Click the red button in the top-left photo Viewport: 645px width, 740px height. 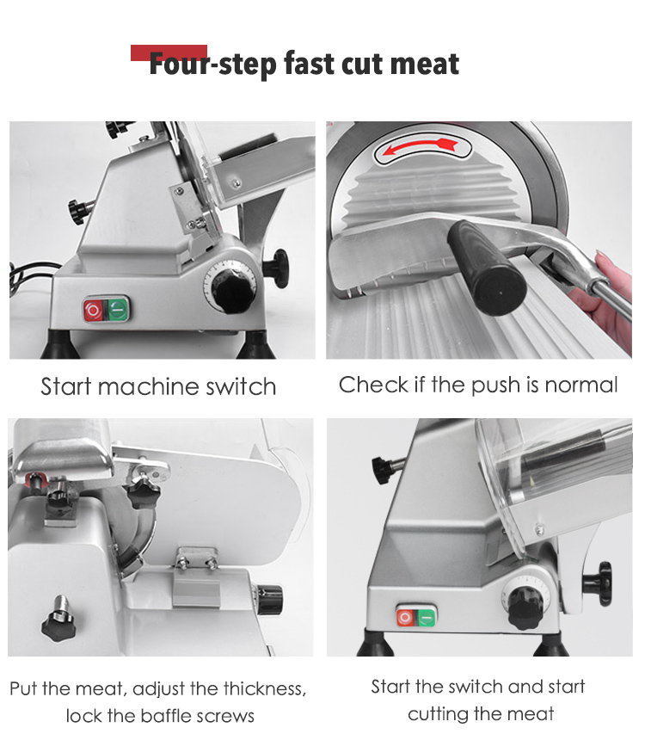tap(93, 310)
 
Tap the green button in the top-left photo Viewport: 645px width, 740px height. tap(117, 310)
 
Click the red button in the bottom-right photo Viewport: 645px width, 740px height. tap(405, 616)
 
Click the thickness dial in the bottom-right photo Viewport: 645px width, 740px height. tap(525, 607)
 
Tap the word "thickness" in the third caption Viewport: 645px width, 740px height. tap(264, 688)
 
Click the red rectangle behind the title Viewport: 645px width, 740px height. tap(169, 52)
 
